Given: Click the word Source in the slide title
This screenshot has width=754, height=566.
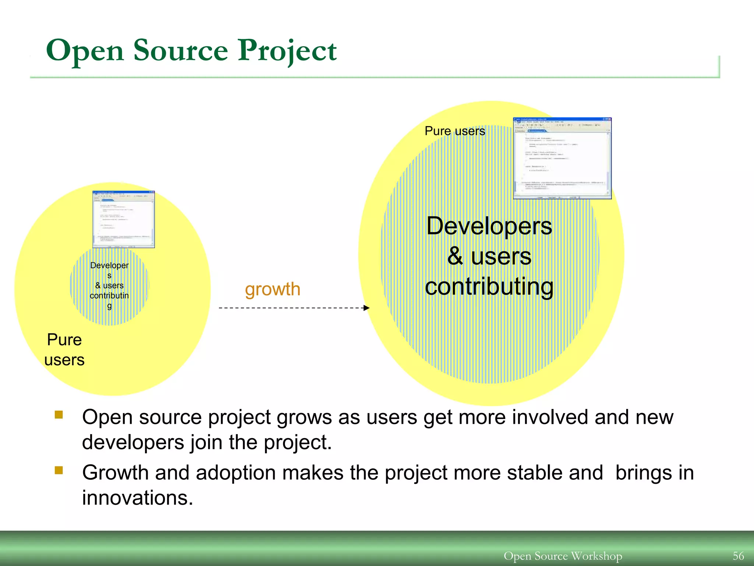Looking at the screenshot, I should coord(180,50).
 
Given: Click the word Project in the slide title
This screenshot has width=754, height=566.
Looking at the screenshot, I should coord(287,50).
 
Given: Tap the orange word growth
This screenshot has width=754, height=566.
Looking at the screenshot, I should coord(272,289).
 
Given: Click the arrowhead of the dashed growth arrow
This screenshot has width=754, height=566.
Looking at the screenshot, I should coord(366,308).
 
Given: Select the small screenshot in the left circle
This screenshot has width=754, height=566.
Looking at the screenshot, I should coord(124,219).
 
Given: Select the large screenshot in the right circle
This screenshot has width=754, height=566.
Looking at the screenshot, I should coord(562,158).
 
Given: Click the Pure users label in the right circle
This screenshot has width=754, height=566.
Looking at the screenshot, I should coord(455,131).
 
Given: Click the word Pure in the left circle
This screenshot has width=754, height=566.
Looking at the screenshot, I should coord(64,340).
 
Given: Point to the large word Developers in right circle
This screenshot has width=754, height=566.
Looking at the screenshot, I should coord(489,226).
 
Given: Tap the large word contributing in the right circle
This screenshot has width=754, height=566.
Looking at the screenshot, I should coord(489,287).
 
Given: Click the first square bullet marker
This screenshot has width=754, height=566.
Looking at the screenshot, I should coord(59,415).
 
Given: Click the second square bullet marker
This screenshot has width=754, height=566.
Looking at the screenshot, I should coord(59,470).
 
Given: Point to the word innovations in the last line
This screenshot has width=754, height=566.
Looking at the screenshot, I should coord(137,498).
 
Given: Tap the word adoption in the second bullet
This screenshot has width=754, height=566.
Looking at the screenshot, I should coord(236,473).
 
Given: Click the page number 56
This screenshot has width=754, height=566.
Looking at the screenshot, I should coord(738,556).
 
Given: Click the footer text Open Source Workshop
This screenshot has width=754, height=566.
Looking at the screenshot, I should coord(563,556).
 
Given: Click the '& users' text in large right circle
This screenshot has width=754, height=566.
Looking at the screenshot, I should coord(489,256).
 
